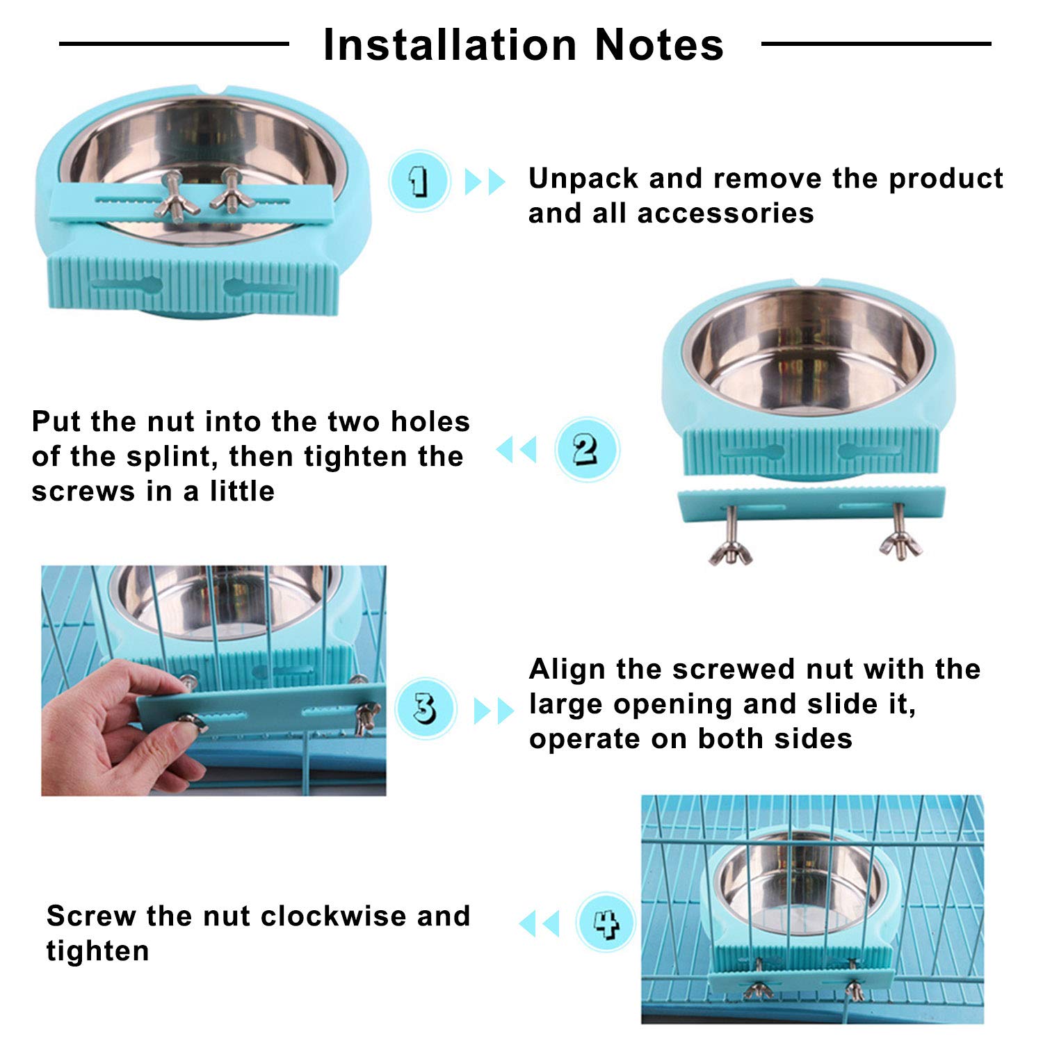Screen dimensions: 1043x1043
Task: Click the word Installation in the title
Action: [x=451, y=45]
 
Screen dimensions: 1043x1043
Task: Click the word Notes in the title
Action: [x=659, y=45]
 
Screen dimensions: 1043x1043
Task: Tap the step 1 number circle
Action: [x=419, y=181]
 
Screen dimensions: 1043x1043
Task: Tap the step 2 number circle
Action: [x=587, y=449]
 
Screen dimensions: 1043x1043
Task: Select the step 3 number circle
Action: [x=425, y=709]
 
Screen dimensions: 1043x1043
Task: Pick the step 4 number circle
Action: [x=606, y=923]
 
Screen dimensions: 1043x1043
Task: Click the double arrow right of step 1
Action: [x=485, y=181]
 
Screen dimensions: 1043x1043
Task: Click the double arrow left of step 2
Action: [x=517, y=449]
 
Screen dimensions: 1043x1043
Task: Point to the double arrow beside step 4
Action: [x=539, y=924]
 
